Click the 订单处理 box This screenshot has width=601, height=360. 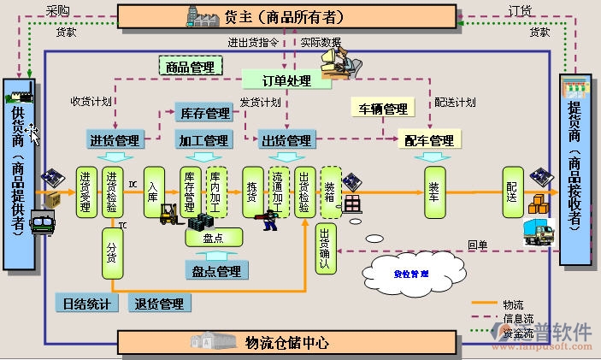(x=286, y=80)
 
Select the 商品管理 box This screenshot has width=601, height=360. (x=190, y=67)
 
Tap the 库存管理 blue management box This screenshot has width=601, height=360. (x=206, y=113)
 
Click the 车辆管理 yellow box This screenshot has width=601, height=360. (x=382, y=109)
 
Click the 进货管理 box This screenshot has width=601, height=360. (x=114, y=139)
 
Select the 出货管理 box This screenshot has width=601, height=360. (x=286, y=139)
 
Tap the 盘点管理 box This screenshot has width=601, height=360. (x=216, y=271)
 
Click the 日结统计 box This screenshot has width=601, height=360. (x=85, y=304)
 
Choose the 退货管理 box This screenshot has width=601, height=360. (x=160, y=304)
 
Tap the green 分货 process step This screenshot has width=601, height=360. (x=111, y=253)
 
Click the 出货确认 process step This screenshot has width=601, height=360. (x=324, y=249)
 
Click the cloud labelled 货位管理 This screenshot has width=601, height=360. (x=411, y=274)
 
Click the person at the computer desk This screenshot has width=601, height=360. (x=341, y=59)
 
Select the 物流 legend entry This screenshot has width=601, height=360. (x=513, y=304)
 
